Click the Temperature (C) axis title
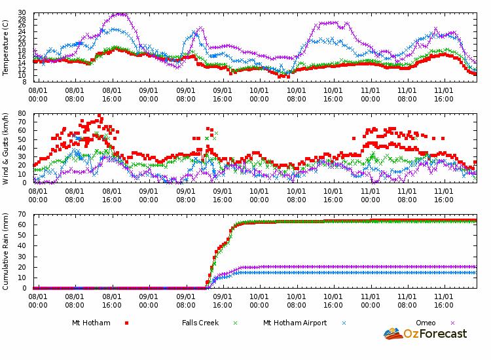click(x=6, y=47)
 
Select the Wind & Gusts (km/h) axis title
click(x=6, y=148)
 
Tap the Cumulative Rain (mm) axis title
click(x=6, y=251)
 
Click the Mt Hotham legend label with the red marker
click(x=91, y=323)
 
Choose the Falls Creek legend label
click(x=200, y=323)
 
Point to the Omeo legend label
click(x=426, y=323)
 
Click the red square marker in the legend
click(x=126, y=323)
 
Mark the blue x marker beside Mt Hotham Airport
click(x=344, y=323)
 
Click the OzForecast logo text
click(x=435, y=334)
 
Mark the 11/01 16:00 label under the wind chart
click(x=445, y=196)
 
